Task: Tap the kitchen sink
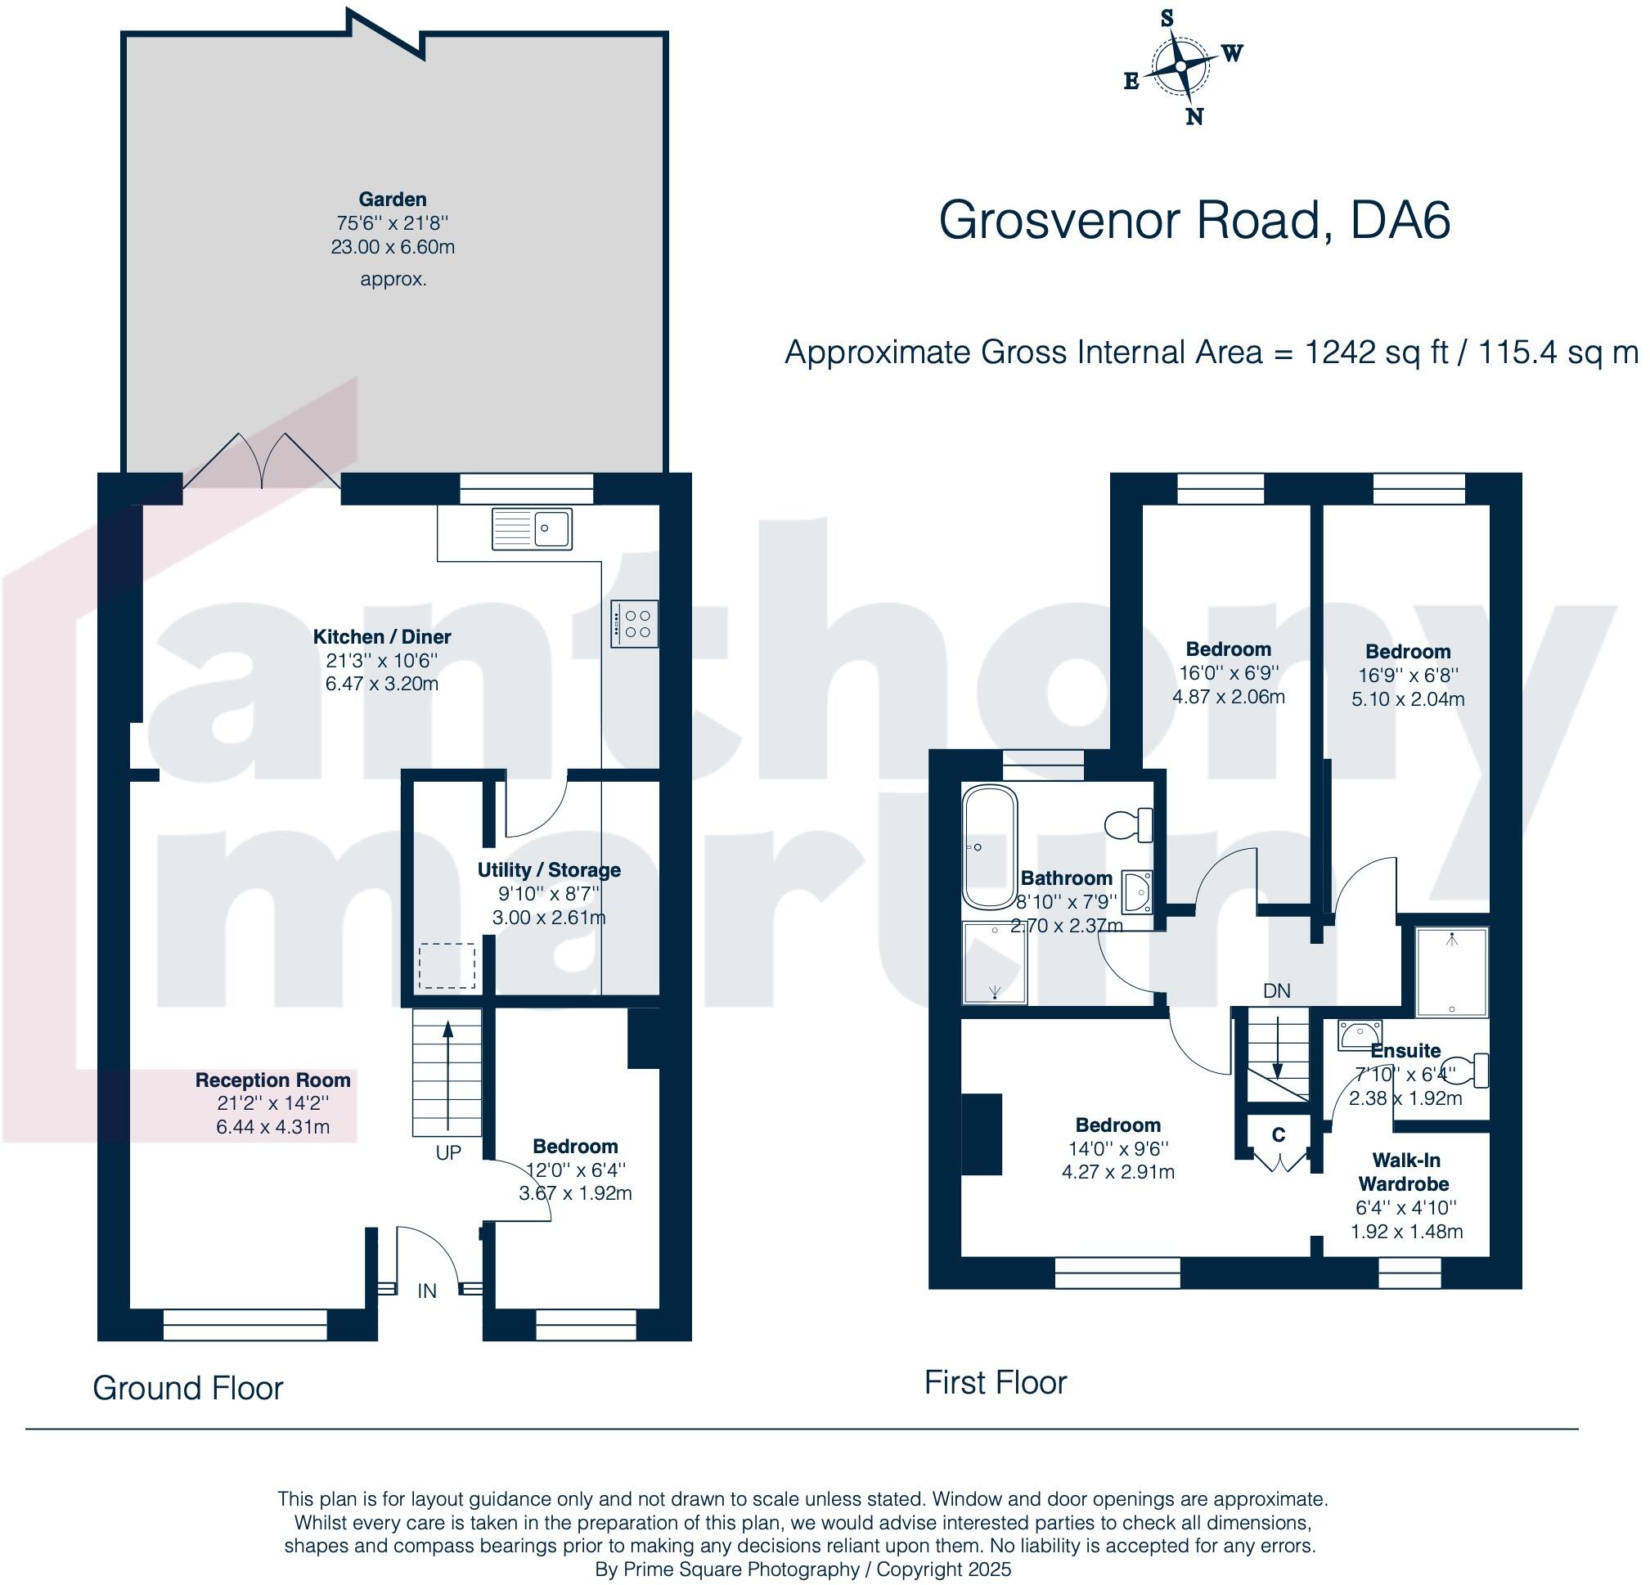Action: (531, 528)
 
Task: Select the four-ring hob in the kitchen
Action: (636, 624)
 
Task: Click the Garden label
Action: (393, 200)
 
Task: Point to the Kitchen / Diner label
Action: (381, 636)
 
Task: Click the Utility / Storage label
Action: (549, 869)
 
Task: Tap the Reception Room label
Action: (272, 1080)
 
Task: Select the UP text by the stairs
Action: (447, 1152)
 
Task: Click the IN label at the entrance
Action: (427, 1291)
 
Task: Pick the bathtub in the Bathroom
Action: (990, 846)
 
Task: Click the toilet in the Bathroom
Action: (1128, 824)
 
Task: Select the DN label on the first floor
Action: (1276, 990)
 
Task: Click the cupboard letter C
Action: (1278, 1134)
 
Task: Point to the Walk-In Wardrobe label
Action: (1405, 1172)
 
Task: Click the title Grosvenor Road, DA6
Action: (1194, 221)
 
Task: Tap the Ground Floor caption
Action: (187, 1388)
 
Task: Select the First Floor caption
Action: (995, 1382)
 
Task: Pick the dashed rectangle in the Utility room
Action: (447, 966)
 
